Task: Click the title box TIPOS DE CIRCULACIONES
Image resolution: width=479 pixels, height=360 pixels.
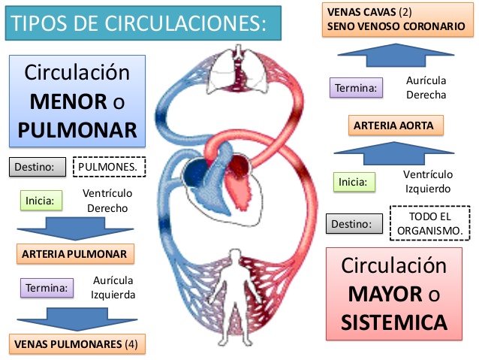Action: [x=143, y=23]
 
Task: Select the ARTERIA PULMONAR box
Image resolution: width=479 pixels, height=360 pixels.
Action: [x=75, y=253]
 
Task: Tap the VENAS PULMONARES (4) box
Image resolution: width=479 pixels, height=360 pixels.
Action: [x=77, y=343]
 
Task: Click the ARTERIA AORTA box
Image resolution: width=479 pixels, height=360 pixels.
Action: [x=396, y=125]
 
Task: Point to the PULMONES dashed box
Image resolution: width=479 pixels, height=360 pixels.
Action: [x=109, y=167]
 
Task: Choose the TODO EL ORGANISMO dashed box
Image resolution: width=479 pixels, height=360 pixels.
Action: [x=429, y=223]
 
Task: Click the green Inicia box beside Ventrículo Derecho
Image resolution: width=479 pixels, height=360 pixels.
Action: [x=41, y=201]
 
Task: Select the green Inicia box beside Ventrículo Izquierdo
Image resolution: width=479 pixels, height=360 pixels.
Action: [x=354, y=182]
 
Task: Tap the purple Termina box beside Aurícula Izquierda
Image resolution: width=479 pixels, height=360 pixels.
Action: [x=47, y=288]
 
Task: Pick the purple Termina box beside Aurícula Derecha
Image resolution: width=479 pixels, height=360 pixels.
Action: [x=356, y=88]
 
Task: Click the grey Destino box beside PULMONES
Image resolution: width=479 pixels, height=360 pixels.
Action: [x=38, y=167]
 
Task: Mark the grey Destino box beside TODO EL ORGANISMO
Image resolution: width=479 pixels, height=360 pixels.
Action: [x=354, y=223]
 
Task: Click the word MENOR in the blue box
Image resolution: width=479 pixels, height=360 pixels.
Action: [x=68, y=102]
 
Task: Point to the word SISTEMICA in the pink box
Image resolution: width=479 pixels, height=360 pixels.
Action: [x=394, y=322]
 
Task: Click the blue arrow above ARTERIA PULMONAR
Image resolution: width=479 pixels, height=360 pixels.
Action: [x=75, y=228]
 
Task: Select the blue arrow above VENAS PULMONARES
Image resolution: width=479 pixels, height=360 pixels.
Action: [x=77, y=319]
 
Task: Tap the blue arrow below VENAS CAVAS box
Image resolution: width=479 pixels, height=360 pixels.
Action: [x=396, y=55]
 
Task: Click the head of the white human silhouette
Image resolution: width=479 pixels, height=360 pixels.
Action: [x=235, y=256]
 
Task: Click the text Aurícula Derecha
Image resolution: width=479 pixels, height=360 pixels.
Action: [x=426, y=87]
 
